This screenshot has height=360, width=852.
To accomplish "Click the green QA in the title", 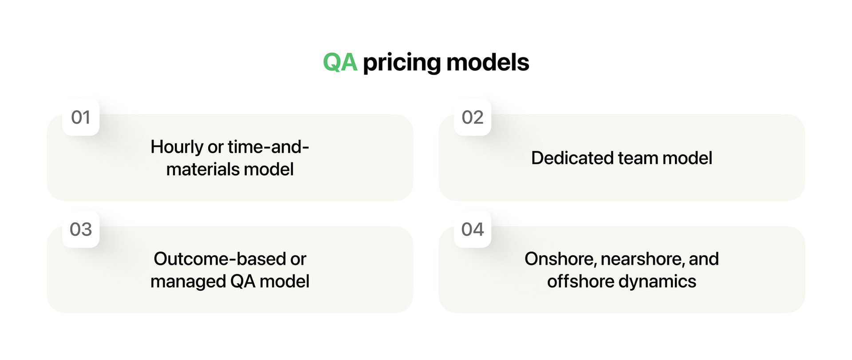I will pyautogui.click(x=340, y=62).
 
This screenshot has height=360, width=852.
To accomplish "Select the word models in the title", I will pyautogui.click(x=488, y=62).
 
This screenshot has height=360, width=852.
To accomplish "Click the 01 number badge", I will pyautogui.click(x=81, y=117).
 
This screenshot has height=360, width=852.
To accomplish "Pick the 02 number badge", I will pyautogui.click(x=472, y=117).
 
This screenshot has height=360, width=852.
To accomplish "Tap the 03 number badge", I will pyautogui.click(x=81, y=229).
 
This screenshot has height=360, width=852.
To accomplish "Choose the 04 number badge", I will pyautogui.click(x=472, y=229).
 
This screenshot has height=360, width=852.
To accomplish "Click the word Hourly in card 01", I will pyautogui.click(x=177, y=147).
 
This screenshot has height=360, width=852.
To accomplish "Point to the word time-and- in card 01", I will pyautogui.click(x=268, y=147).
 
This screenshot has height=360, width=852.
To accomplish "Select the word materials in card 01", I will pyautogui.click(x=202, y=169).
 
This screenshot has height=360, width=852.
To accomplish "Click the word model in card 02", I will pyautogui.click(x=687, y=158).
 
